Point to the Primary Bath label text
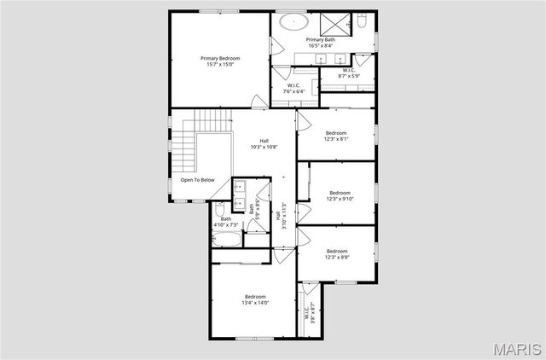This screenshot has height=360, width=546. (x=321, y=43)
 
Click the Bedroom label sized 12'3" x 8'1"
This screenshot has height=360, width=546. (x=335, y=136)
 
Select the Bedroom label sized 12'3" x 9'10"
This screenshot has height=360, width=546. (x=340, y=196)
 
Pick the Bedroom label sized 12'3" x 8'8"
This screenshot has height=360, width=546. (x=335, y=253)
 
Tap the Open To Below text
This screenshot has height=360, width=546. (x=197, y=180)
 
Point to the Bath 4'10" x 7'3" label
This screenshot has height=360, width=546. (x=226, y=222)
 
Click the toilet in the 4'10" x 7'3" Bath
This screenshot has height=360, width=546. (x=220, y=208)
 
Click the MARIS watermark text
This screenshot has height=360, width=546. (x=517, y=349)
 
